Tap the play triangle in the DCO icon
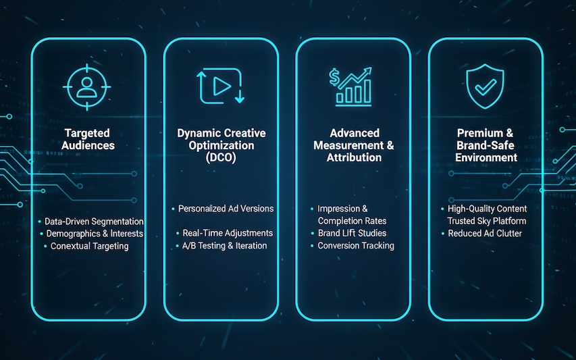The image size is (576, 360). pyautogui.click(x=221, y=86)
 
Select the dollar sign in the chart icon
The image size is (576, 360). pyautogui.click(x=334, y=77)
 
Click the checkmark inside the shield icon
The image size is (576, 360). pyautogui.click(x=486, y=87)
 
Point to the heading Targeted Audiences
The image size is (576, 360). pyautogui.click(x=88, y=139)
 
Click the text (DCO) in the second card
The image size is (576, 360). pyautogui.click(x=221, y=157)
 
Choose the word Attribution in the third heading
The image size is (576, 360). pyautogui.click(x=354, y=157)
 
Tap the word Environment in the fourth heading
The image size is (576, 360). pyautogui.click(x=486, y=157)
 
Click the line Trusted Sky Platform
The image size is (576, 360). pyautogui.click(x=487, y=221)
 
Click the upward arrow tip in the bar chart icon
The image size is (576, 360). pyautogui.click(x=370, y=69)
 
